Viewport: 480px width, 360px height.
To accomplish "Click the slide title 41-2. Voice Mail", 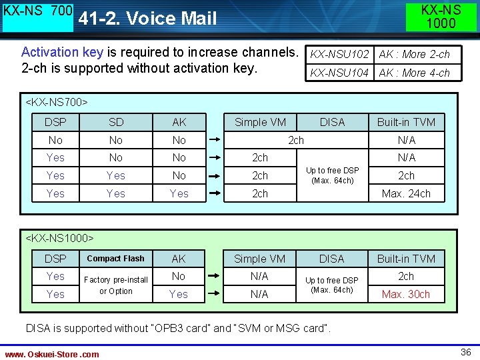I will [x=147, y=18].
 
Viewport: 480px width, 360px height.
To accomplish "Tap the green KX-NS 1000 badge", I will [x=441, y=17].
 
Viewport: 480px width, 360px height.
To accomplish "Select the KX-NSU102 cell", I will [x=340, y=54].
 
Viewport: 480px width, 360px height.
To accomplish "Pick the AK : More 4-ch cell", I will [x=414, y=73].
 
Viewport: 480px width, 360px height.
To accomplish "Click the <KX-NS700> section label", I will [x=57, y=102].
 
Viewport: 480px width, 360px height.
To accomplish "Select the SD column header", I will [x=116, y=122].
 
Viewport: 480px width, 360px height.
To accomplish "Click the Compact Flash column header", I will [x=115, y=259].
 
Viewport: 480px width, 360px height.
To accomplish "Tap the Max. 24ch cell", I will [x=406, y=193].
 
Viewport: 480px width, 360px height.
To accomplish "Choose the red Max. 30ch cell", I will [x=406, y=294].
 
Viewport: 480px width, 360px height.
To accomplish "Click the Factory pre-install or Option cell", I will [x=116, y=285].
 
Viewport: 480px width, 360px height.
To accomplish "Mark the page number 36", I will [x=466, y=352].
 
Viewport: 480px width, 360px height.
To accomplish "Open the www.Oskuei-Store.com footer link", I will [x=52, y=354].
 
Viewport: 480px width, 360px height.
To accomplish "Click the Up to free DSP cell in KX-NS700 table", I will [x=332, y=175].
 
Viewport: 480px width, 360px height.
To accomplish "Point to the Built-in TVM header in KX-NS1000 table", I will [x=406, y=259].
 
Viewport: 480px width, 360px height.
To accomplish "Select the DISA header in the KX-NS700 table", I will [x=332, y=122].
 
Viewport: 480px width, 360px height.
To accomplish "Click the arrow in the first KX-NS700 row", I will [x=214, y=140].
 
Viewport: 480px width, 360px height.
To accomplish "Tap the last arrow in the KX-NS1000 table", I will [x=214, y=294].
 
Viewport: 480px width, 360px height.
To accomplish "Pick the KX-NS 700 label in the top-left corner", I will [x=38, y=11].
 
